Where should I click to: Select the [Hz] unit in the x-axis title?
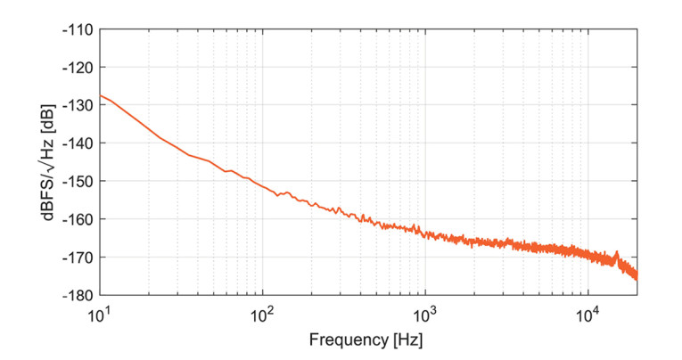tap(407, 340)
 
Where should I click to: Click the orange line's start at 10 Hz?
tap(100, 94)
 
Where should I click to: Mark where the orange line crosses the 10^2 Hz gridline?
tap(262, 187)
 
